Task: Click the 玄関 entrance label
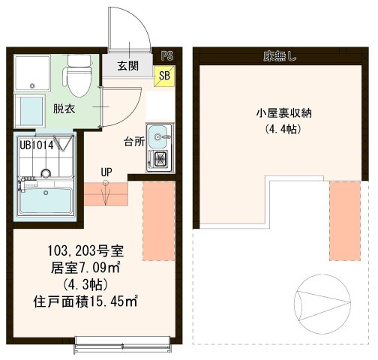pyautogui.click(x=127, y=66)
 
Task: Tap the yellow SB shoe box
pyautogui.click(x=163, y=74)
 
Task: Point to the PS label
pyautogui.click(x=166, y=55)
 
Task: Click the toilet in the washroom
pyautogui.click(x=76, y=74)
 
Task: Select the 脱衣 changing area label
pyautogui.click(x=63, y=108)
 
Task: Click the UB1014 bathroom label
pyautogui.click(x=37, y=145)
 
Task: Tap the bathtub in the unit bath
pyautogui.click(x=44, y=202)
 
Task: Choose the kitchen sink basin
pyautogui.click(x=159, y=136)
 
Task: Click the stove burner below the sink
pyautogui.click(x=159, y=158)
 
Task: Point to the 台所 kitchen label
pyautogui.click(x=135, y=140)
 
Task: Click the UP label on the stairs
pyautogui.click(x=106, y=172)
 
